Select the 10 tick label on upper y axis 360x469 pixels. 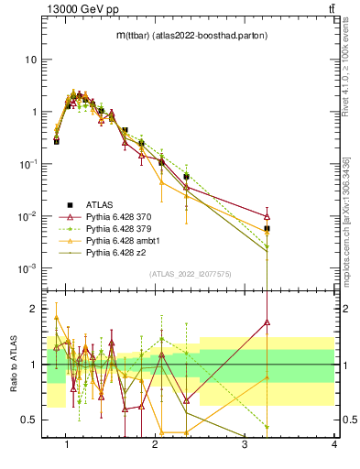[x=30, y=60]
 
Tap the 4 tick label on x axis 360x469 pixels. [x=334, y=444]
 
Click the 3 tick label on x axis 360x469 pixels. [x=245, y=444]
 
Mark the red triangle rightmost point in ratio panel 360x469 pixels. [x=267, y=322]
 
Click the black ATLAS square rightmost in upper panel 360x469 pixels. [x=267, y=228]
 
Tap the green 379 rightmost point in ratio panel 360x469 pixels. [x=267, y=427]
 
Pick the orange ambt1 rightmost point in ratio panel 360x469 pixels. [x=267, y=377]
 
